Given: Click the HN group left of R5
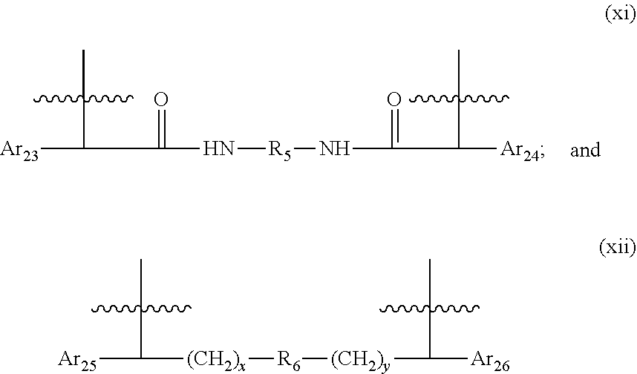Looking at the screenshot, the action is coord(218,148).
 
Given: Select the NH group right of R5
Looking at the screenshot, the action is coord(334,148).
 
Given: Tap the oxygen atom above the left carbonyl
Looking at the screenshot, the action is coord(161,99).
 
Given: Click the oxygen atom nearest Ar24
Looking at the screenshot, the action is coord(393,99).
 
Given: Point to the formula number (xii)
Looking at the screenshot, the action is coord(618,246).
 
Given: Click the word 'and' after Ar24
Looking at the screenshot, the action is coord(586,150).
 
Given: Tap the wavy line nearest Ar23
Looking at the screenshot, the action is coord(83,99).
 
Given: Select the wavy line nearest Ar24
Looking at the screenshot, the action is coord(459,99).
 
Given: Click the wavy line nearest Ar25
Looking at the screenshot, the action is coord(141,309).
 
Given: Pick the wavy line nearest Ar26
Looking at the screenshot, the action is coord(429,309).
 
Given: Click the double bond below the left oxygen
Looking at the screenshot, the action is coord(161,128).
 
